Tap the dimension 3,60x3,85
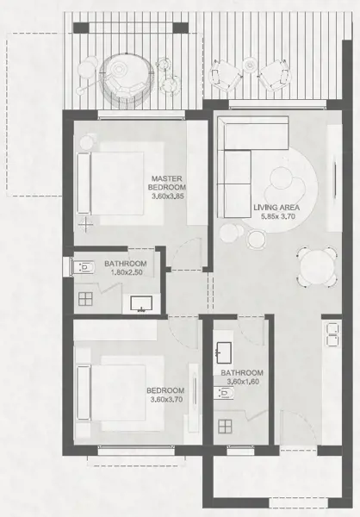[169, 196]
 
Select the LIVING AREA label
[276, 207]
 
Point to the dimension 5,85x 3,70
[277, 217]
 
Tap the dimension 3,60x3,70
[164, 399]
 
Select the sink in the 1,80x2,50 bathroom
[141, 302]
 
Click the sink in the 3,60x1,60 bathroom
[227, 352]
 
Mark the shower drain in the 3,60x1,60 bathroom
[225, 426]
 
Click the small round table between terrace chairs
[250, 65]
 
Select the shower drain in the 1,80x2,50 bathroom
[85, 300]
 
